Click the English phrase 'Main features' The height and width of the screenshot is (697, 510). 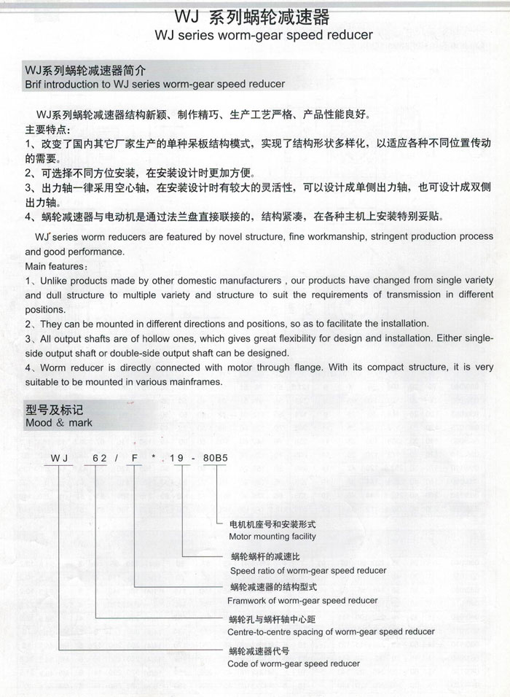point(54,266)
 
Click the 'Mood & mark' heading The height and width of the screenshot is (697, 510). point(59,423)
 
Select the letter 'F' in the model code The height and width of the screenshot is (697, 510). point(136,458)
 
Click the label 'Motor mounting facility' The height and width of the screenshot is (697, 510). point(272,536)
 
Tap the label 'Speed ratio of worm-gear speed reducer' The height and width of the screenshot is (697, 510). point(308,570)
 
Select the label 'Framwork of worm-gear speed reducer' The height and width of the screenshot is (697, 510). point(302,601)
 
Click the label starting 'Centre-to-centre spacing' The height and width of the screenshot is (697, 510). point(331,631)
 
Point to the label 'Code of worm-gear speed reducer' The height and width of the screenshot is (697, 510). point(294,663)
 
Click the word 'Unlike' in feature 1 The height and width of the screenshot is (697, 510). point(54,281)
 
